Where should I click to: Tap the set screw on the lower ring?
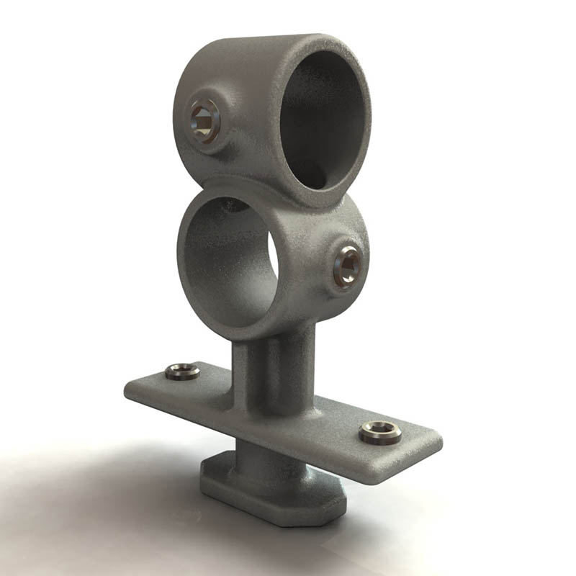(348, 265)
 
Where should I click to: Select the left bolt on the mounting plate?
(182, 372)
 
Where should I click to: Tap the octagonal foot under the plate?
(274, 497)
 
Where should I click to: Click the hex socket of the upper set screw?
(203, 120)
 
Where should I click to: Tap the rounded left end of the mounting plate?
(133, 389)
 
